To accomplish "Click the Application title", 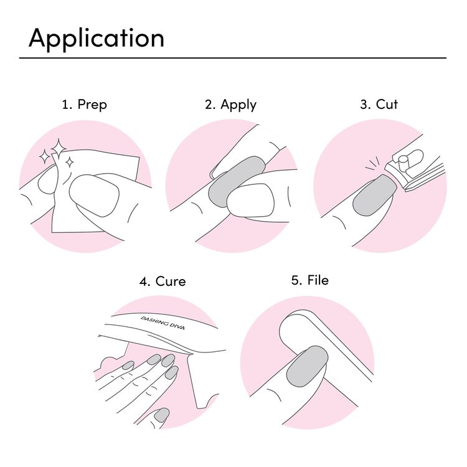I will click(x=97, y=38).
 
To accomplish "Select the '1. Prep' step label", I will click(x=84, y=105).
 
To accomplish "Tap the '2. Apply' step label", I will click(x=230, y=105).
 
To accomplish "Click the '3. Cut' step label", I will click(x=379, y=105).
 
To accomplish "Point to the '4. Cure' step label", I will click(x=163, y=281).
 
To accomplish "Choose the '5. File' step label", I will click(x=309, y=280).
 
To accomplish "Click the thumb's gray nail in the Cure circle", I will click(x=161, y=415).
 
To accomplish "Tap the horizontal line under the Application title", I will click(x=233, y=58).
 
